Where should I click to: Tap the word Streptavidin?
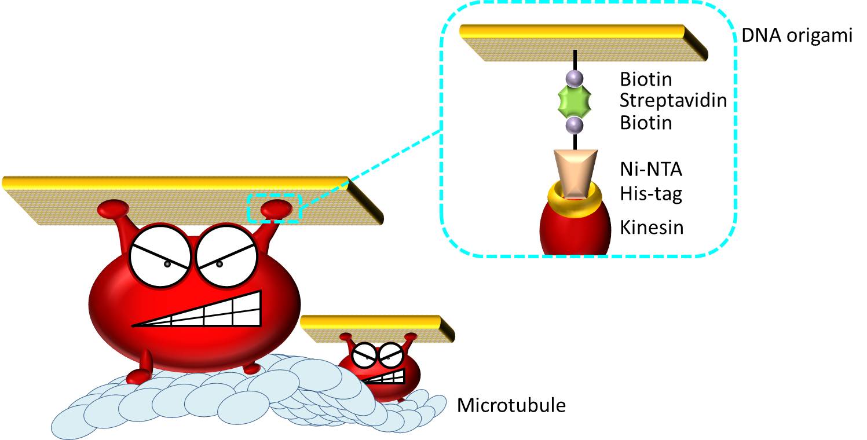click(673, 100)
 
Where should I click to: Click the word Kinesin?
click(652, 227)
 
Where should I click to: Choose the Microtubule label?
click(511, 405)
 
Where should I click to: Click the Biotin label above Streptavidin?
click(646, 78)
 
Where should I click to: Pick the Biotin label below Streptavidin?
click(646, 123)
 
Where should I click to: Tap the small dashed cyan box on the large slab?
click(275, 208)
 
